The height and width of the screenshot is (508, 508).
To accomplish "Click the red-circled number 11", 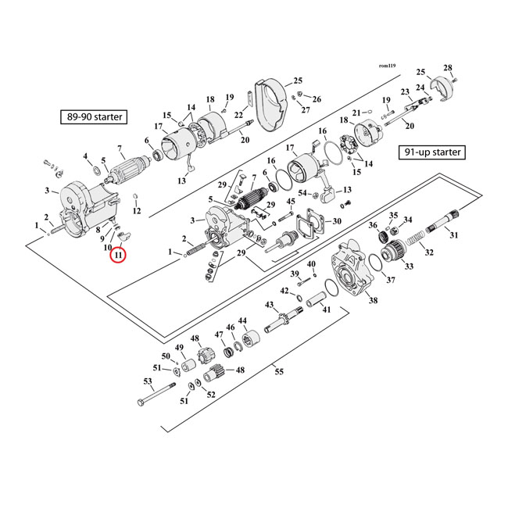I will [x=119, y=256].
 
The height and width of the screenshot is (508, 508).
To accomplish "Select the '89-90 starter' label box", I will [x=95, y=118].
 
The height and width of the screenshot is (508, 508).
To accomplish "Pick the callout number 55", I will [x=279, y=373].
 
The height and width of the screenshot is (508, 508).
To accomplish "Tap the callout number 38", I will [x=373, y=300].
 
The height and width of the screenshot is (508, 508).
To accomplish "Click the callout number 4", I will [x=86, y=156].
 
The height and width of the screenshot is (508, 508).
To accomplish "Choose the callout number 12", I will [x=136, y=211].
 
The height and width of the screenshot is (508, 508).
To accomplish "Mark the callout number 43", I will [x=269, y=304].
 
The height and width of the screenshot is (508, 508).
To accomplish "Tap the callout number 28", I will [x=470, y=67].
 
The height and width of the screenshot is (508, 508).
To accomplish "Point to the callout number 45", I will [x=291, y=202].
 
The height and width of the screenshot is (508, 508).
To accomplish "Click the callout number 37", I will [x=390, y=280].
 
